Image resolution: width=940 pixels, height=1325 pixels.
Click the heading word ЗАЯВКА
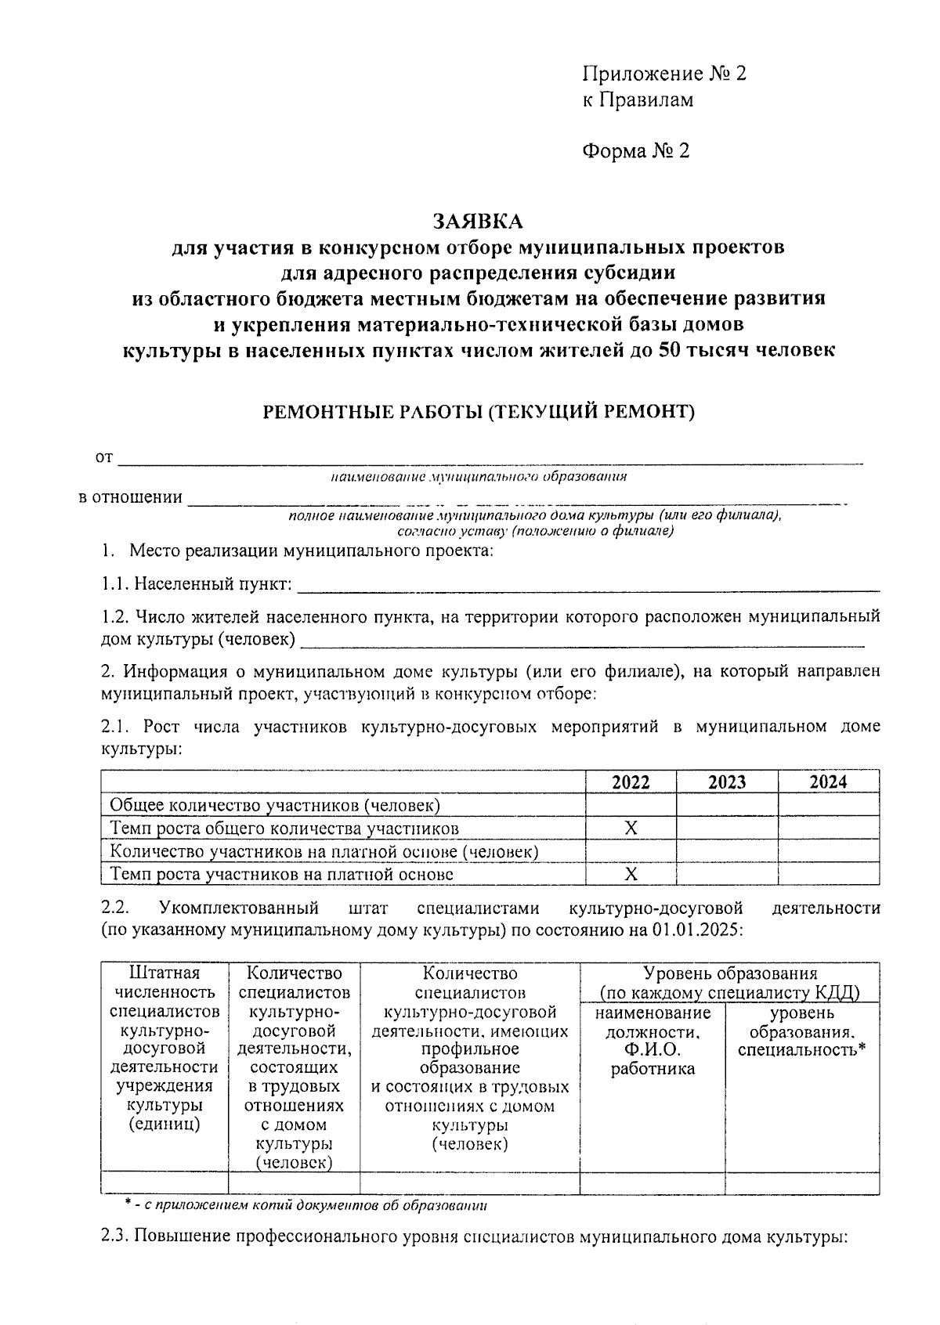pos(478,222)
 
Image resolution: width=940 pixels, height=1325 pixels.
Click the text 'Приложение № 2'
pos(663,74)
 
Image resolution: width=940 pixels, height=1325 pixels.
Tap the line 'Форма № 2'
pos(635,150)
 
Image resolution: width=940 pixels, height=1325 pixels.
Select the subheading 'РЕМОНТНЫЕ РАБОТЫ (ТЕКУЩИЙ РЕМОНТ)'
pos(478,412)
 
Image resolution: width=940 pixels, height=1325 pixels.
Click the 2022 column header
pos(631,782)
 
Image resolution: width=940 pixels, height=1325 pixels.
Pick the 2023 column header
pos(727,782)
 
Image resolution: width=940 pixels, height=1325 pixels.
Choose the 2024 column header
pos(828,782)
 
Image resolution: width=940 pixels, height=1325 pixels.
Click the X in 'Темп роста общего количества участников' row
pos(631,828)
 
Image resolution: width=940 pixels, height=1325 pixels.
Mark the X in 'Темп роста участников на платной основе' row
pos(631,874)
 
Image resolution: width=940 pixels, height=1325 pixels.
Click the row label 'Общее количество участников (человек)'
pos(275,805)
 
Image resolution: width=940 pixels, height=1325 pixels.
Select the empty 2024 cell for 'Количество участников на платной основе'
pos(828,851)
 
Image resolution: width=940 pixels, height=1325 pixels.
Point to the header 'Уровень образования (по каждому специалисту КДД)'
pos(729,983)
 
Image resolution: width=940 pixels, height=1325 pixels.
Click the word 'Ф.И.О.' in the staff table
pos(653,1049)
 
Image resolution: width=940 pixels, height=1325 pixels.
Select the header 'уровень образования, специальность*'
pos(801,1031)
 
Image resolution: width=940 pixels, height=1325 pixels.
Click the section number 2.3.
pos(116,1237)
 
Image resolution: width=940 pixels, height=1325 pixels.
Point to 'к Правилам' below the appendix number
pos(637,99)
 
